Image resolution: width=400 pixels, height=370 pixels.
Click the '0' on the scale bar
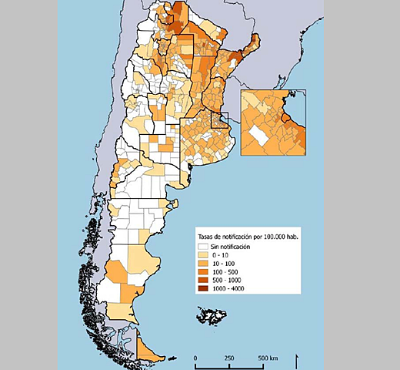[x=195, y=358]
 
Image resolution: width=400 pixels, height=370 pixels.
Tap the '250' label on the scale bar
[x=229, y=358]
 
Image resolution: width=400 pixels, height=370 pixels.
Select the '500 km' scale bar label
[x=267, y=358]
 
